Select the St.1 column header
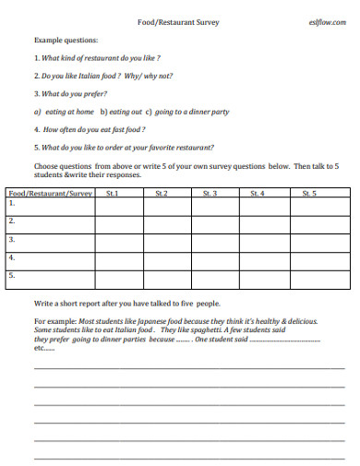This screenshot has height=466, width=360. point(112,194)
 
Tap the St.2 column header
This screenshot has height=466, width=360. point(161,194)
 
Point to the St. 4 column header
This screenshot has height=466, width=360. point(258,194)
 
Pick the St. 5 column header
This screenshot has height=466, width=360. point(307,194)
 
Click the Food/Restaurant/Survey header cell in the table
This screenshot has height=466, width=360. point(51,194)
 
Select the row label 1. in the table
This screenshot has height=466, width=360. point(12,204)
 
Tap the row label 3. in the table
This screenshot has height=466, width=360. point(12,239)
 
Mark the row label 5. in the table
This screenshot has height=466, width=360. point(12,274)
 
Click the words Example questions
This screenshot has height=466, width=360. point(65,42)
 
